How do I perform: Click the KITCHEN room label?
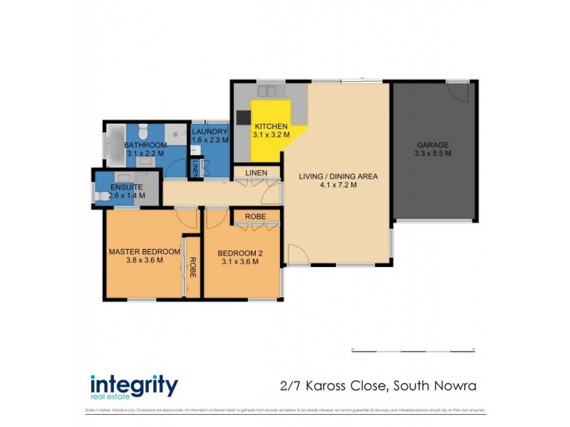pos(271,126)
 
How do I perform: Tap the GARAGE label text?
pos(433,144)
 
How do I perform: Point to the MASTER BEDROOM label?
pos(144,251)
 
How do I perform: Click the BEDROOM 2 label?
pos(238,252)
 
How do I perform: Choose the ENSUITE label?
pos(127,187)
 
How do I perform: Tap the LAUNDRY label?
pos(210,132)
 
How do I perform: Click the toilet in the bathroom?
pos(142,130)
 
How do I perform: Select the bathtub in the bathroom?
pos(114,147)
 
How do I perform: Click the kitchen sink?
pos(269,91)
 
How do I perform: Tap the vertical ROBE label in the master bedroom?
pos(192,265)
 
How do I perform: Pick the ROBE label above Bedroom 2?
pos(255,216)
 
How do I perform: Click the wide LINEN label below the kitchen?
pos(256,174)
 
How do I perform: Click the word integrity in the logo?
pos(134,385)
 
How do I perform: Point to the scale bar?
pos(413,349)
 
